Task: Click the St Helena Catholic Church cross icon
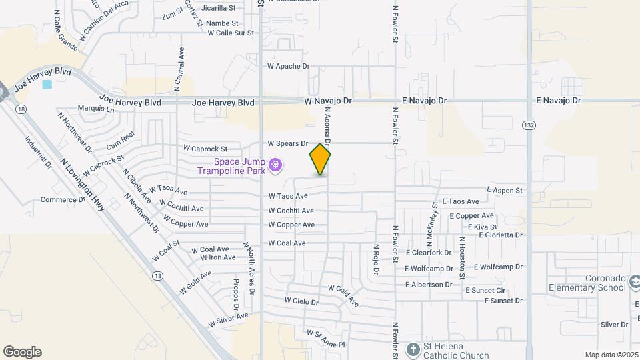click(x=413, y=349)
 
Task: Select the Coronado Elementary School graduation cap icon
click(x=635, y=283)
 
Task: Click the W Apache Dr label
click(x=289, y=67)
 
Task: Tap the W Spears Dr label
click(x=288, y=143)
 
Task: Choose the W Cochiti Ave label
click(x=291, y=211)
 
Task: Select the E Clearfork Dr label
click(x=429, y=253)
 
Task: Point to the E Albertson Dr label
click(x=429, y=285)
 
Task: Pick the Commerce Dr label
click(x=63, y=199)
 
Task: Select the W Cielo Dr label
click(x=301, y=301)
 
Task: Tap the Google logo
click(x=22, y=352)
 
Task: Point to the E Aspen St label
click(x=505, y=191)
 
